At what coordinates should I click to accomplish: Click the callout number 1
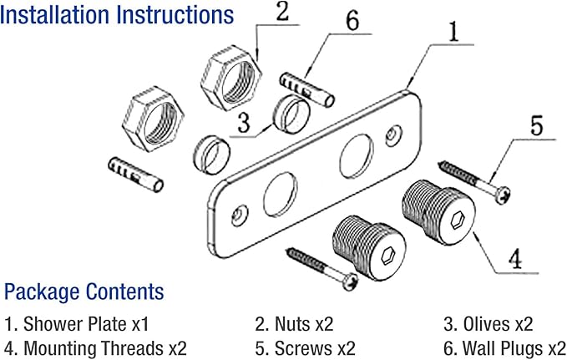pyautogui.click(x=453, y=32)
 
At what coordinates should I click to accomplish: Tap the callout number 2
pyautogui.click(x=282, y=12)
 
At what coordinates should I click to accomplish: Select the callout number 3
pyautogui.click(x=243, y=122)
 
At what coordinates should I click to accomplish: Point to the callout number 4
pyautogui.click(x=515, y=258)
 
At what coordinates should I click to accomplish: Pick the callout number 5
pyautogui.click(x=537, y=125)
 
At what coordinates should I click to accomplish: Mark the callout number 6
pyautogui.click(x=352, y=21)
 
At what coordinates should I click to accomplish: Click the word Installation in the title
pyautogui.click(x=55, y=15)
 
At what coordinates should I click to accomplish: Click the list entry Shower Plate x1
pyautogui.click(x=77, y=324)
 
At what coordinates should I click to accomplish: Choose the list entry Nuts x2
pyautogui.click(x=294, y=324)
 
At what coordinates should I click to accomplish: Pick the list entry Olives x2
pyautogui.click(x=489, y=324)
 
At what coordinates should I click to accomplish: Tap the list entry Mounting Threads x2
pyautogui.click(x=95, y=348)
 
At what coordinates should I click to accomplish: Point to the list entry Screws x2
pyautogui.click(x=305, y=348)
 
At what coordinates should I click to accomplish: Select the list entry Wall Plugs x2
pyautogui.click(x=505, y=348)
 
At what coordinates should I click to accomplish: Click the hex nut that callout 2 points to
pyautogui.click(x=231, y=78)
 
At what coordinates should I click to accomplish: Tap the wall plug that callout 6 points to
pyautogui.click(x=307, y=89)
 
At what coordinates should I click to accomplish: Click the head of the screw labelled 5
pyautogui.click(x=503, y=195)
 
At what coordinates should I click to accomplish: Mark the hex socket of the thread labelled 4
pyautogui.click(x=458, y=220)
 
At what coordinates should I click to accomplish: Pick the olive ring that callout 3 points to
pyautogui.click(x=291, y=114)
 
